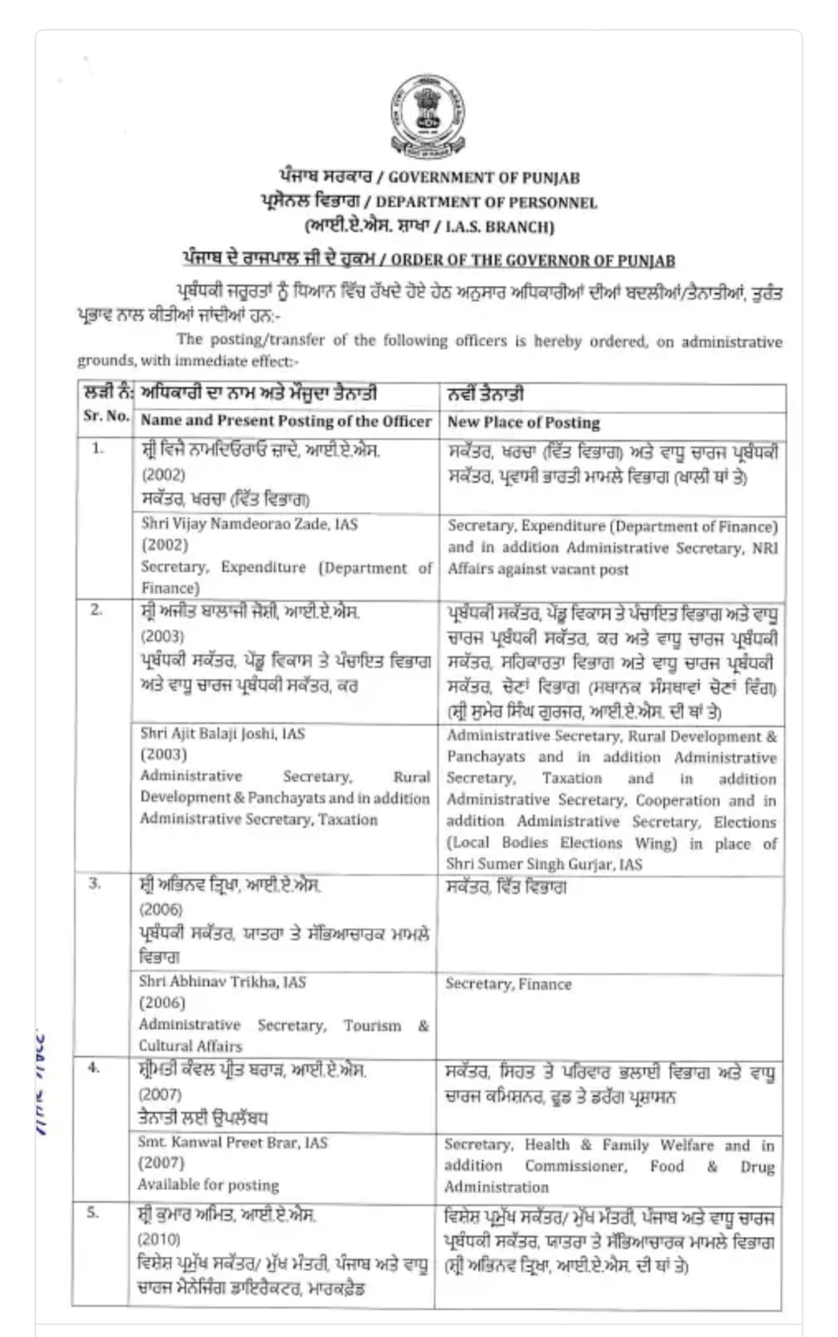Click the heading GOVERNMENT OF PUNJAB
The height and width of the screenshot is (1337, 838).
(x=484, y=177)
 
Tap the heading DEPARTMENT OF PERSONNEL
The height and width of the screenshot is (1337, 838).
(x=486, y=202)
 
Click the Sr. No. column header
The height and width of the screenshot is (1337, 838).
(x=106, y=416)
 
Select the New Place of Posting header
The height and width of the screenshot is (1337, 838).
(x=523, y=422)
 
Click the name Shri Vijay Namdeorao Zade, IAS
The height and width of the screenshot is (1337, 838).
(x=249, y=524)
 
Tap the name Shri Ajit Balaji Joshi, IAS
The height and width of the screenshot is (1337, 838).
(x=222, y=734)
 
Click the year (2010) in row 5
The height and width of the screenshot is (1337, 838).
(x=159, y=1238)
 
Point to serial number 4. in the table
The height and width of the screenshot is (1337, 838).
(x=94, y=1067)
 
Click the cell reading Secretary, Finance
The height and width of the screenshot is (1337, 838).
(x=508, y=984)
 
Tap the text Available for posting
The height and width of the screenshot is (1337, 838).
(x=208, y=1185)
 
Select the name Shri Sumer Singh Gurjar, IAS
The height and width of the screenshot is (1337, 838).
(x=544, y=864)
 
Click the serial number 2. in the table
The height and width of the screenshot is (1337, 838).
(x=97, y=610)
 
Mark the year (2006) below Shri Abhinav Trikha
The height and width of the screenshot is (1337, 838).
(x=162, y=1003)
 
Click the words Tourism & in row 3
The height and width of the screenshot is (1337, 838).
(x=386, y=1025)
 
